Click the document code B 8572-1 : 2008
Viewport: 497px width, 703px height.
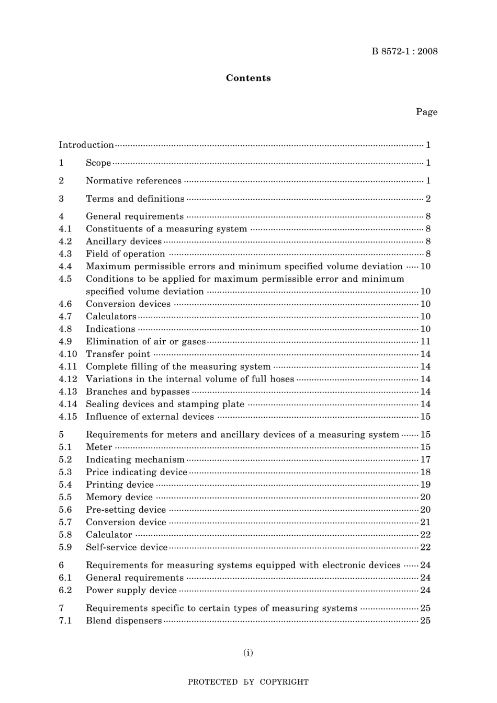pos(404,51)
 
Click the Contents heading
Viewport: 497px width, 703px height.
pos(248,78)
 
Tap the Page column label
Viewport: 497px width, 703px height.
pos(426,112)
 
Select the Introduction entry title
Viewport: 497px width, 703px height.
pos(86,145)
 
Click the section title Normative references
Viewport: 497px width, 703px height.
pos(133,181)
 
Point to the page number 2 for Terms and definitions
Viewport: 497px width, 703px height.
pos(428,199)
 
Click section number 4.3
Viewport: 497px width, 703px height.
pos(65,254)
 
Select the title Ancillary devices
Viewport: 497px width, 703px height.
pos(123,241)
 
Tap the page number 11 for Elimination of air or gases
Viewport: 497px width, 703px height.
pos(425,342)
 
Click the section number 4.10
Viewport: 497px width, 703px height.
pos(67,354)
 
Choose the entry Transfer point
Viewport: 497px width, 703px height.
pos(118,354)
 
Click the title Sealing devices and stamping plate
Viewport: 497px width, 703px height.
pos(165,404)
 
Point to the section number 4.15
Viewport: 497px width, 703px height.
pos(67,417)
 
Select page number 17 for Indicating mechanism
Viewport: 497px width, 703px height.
pos(425,460)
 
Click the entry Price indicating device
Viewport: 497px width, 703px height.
pos(136,472)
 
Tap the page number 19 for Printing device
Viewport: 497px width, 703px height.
pos(425,485)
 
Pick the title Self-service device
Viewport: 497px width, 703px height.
pos(127,547)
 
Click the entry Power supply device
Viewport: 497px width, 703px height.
pos(131,590)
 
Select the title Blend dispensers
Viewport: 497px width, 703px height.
pos(123,621)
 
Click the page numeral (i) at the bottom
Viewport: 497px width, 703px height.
pos(248,652)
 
